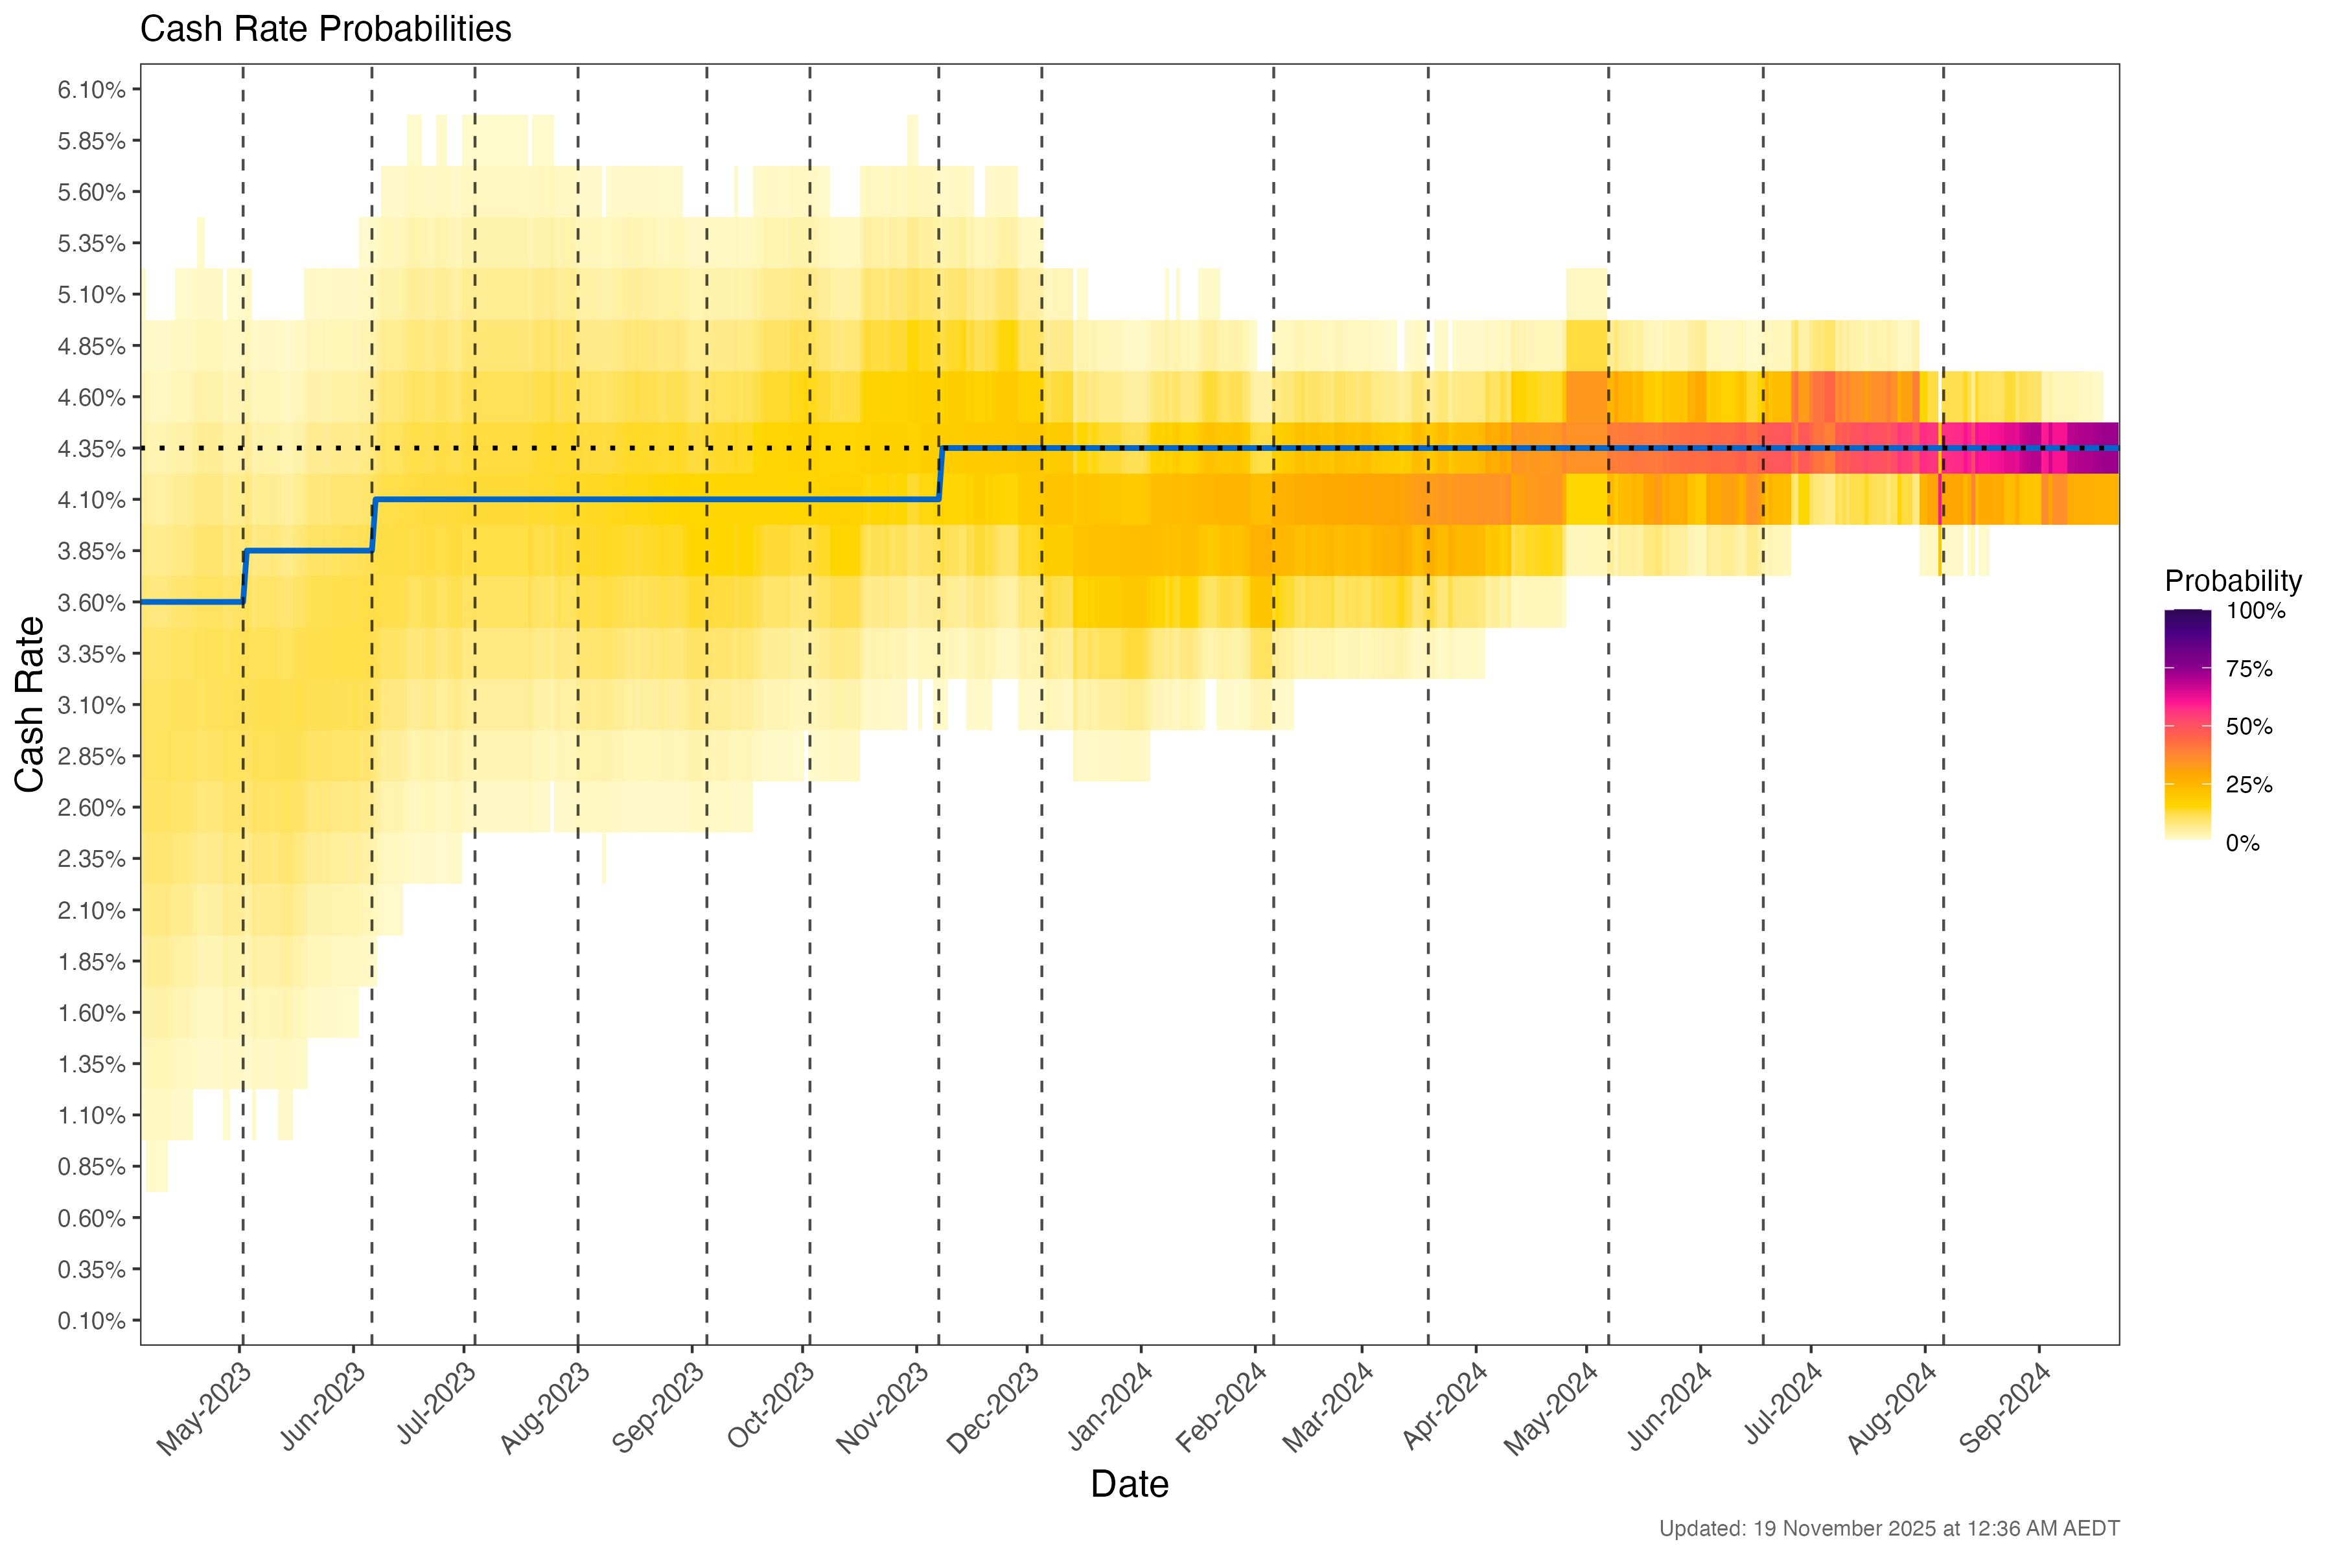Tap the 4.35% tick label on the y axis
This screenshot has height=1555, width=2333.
coord(91,449)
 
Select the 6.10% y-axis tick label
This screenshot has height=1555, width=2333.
coord(91,90)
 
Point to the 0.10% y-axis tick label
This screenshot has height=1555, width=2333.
coord(91,1321)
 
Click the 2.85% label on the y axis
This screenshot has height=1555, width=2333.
coord(91,757)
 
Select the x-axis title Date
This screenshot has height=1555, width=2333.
coord(1129,1484)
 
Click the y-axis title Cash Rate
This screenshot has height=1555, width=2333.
coord(30,704)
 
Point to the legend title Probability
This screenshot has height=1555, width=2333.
coord(2233,581)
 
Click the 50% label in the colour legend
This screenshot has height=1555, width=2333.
coord(2249,727)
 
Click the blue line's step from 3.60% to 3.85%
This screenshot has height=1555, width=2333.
coord(244,576)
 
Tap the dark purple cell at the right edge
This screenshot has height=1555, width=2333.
coord(2093,448)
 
